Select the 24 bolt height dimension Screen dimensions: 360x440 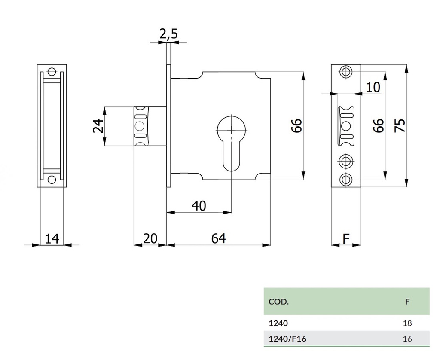tap(99, 126)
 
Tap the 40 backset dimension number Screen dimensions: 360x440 tap(199, 206)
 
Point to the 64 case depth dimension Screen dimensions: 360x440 tap(218, 238)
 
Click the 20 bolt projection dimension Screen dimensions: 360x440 tap(150, 238)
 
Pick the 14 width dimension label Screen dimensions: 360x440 tap(52, 238)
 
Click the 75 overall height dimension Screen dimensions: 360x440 tap(400, 126)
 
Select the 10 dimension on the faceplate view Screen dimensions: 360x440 tap(373, 87)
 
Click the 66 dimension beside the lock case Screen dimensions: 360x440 tap(297, 126)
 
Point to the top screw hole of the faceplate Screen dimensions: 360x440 tap(346, 72)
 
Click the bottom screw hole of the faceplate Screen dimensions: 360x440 tap(346, 180)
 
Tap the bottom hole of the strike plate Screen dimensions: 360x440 tap(52, 180)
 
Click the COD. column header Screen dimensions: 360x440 tap(278, 302)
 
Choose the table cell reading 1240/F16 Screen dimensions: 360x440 tap(287, 339)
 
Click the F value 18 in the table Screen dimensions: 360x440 tap(407, 323)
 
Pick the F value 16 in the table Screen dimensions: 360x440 tap(407, 339)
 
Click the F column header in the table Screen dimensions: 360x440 tap(407, 302)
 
